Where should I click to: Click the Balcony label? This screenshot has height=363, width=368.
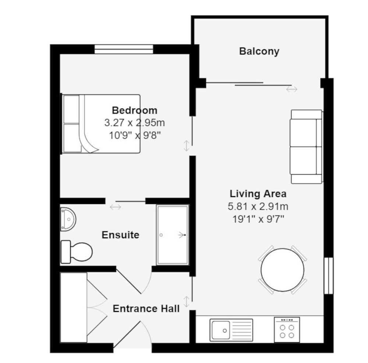point(259,51)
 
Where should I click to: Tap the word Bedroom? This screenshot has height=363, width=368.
point(134,110)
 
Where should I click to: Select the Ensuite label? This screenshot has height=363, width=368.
point(120,235)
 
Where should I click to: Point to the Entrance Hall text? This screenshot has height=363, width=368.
point(146,309)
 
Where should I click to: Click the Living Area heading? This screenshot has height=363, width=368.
point(258,194)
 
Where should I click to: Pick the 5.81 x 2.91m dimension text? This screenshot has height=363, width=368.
point(258,207)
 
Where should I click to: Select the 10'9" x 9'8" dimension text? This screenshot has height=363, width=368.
point(135,135)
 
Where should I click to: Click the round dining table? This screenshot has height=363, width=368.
point(282,270)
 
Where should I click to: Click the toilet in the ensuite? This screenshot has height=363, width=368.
point(77,252)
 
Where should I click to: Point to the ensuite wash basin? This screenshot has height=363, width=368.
point(68,219)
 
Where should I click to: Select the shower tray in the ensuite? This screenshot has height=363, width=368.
point(173,235)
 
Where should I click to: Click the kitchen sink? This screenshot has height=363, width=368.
point(231,330)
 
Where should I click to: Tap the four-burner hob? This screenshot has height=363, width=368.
point(287,330)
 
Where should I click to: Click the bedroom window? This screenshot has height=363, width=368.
point(124,49)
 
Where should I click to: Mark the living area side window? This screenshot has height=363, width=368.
point(329,276)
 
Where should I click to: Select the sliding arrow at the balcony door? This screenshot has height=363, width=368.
point(292,89)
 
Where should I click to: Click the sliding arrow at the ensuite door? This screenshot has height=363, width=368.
point(116,207)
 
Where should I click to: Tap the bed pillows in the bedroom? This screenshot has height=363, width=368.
point(71,124)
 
